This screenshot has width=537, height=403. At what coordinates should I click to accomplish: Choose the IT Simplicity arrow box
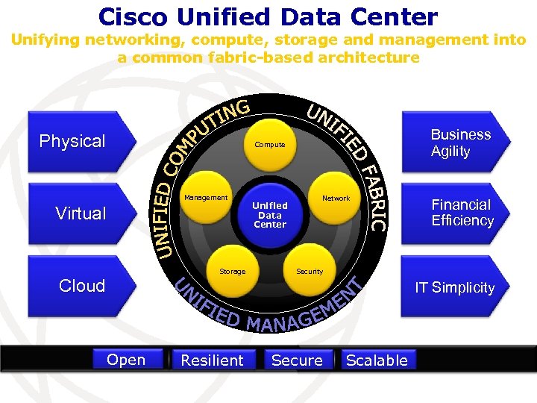coord(455,287)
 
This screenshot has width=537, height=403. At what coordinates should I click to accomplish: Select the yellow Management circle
coord(205,198)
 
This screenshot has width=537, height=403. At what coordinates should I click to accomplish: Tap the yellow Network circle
coord(336,199)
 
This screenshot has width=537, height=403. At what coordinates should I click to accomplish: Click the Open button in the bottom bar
coord(126,360)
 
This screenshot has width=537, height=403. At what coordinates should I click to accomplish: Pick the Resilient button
coord(212,360)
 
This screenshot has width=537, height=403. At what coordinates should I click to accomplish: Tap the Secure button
coord(297,360)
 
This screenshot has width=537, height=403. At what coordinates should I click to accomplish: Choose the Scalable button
coord(377,360)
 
